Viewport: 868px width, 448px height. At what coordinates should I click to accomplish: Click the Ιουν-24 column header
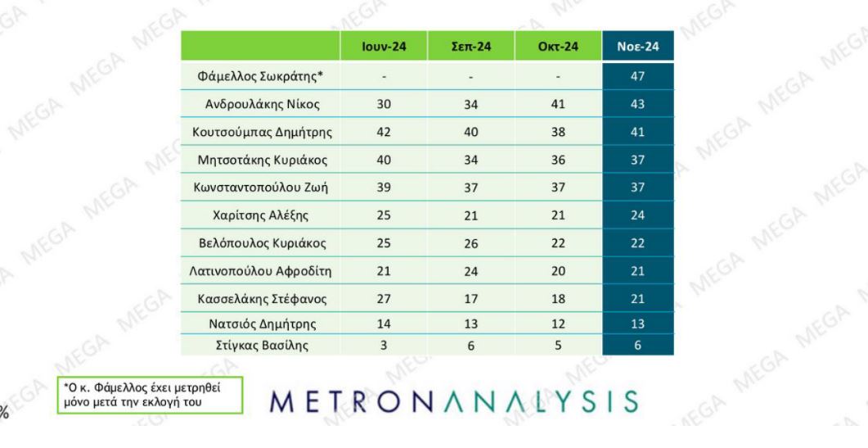(384, 48)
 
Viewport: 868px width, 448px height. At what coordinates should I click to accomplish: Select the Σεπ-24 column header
(471, 48)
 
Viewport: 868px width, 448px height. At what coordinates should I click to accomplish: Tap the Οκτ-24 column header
(558, 48)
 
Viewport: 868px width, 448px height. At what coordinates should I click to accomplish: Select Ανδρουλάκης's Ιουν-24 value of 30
(384, 104)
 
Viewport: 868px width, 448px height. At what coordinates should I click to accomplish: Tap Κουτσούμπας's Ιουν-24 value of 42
(384, 132)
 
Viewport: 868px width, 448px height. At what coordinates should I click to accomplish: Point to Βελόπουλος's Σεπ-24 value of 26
(471, 243)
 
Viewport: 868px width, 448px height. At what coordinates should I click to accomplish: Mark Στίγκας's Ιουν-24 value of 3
(384, 345)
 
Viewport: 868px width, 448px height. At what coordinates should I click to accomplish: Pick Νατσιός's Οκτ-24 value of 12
(558, 324)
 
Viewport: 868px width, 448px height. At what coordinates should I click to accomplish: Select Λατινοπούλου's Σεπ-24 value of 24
(471, 271)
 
